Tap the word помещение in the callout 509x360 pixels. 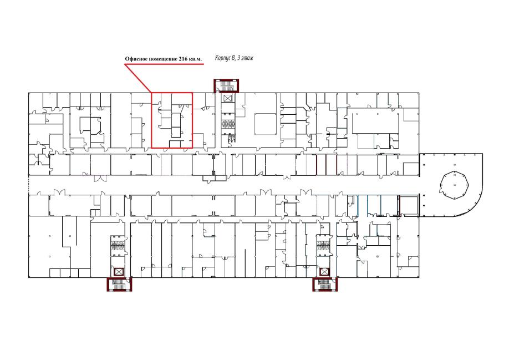[x=162, y=59]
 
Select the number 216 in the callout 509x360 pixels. [x=182, y=59]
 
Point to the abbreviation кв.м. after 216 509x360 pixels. [x=195, y=59]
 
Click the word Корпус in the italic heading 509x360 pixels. [x=223, y=58]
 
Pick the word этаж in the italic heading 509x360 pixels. [x=247, y=58]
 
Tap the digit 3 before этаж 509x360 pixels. [x=238, y=58]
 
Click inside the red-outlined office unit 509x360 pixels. [x=172, y=120]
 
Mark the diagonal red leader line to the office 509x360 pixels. [x=138, y=79]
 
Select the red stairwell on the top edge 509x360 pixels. [x=226, y=85]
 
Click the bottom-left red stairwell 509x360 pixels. [x=119, y=284]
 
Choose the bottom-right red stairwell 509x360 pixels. [x=325, y=284]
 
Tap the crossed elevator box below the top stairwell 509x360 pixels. [x=227, y=98]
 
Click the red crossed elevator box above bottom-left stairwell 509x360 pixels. [x=119, y=272]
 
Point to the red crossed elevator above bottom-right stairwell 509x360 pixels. [x=324, y=272]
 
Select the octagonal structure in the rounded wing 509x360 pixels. [x=455, y=185]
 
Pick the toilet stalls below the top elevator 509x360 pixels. [x=228, y=123]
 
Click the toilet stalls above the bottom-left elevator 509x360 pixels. [x=118, y=246]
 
